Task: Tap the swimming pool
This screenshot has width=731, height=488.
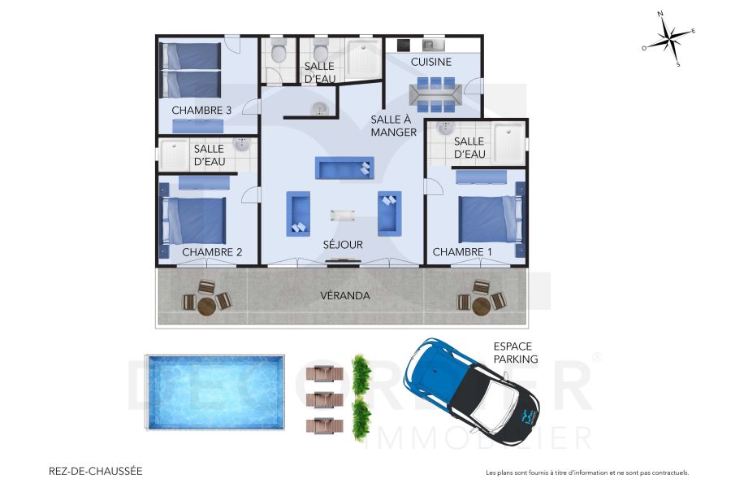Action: pyautogui.click(x=215, y=394)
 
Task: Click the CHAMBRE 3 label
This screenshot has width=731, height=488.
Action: pyautogui.click(x=201, y=110)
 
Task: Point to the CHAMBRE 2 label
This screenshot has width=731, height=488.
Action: pyautogui.click(x=212, y=252)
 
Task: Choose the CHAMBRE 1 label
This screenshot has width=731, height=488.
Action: pyautogui.click(x=462, y=252)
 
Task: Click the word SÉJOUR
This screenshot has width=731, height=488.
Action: pyautogui.click(x=343, y=244)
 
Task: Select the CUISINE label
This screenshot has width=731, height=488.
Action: pyautogui.click(x=430, y=62)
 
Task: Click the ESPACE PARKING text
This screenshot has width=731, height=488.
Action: pyautogui.click(x=516, y=352)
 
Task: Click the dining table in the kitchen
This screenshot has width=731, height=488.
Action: pyautogui.click(x=436, y=94)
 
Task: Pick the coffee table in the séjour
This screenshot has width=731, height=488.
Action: pyautogui.click(x=343, y=215)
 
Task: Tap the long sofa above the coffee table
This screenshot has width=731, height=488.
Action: pyautogui.click(x=344, y=168)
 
